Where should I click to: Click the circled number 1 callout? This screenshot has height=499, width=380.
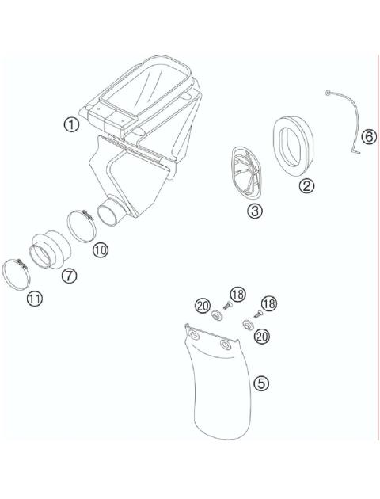coord(72,125)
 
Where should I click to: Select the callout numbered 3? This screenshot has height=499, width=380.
coord(255,211)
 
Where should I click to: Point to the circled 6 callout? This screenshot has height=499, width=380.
coord(367,137)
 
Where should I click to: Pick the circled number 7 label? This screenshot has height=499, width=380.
coord(69,276)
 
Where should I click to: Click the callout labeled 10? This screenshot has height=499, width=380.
coord(100,250)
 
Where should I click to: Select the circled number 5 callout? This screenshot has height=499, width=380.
coord(260,383)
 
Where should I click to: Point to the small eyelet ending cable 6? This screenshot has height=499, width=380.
coord(327,93)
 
